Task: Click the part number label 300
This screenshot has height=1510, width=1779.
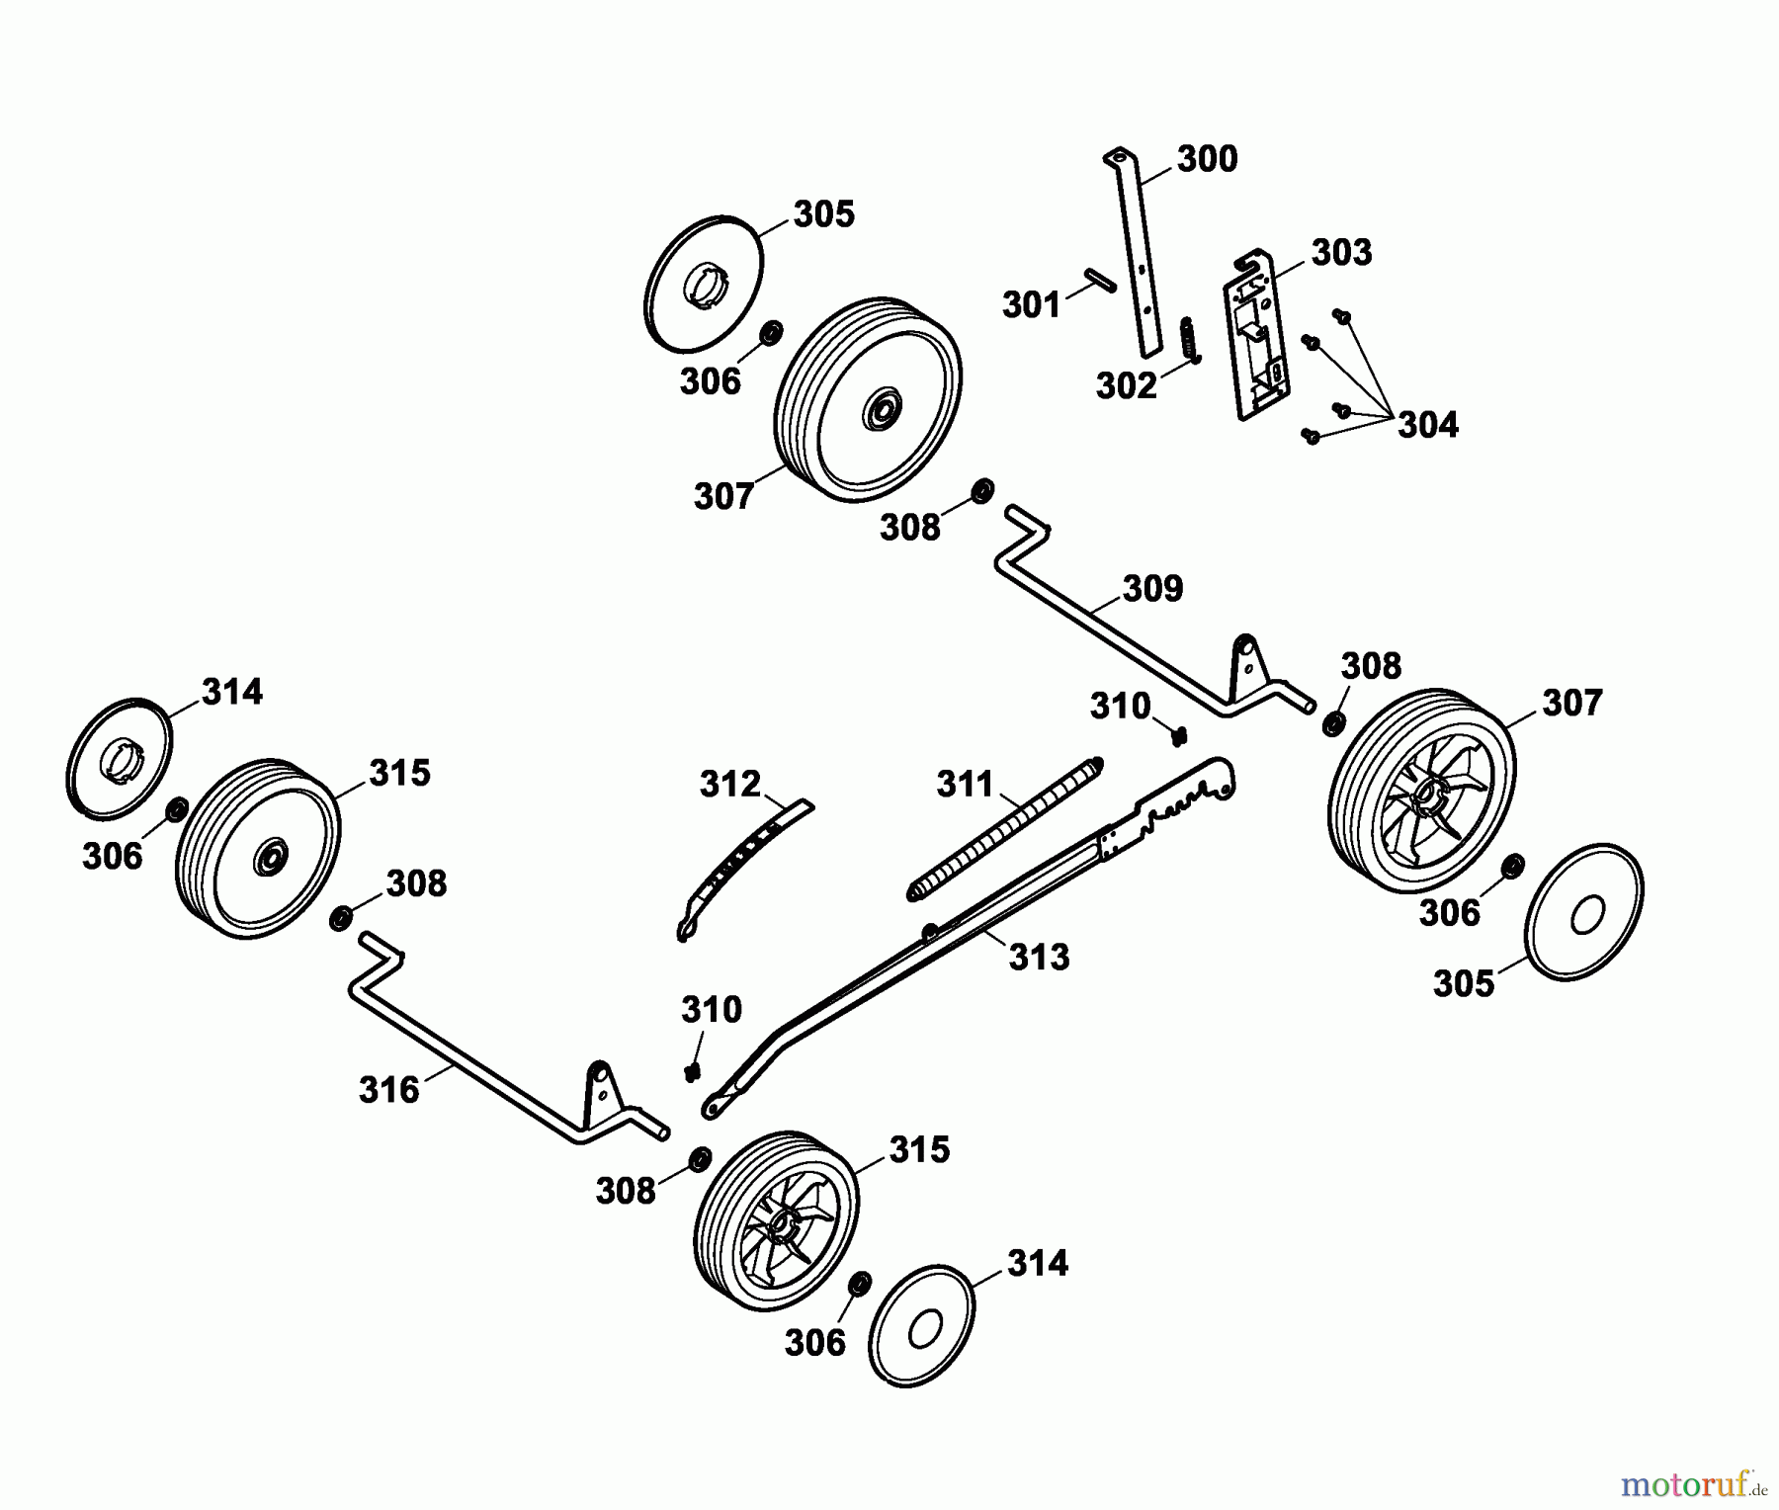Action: point(1207,159)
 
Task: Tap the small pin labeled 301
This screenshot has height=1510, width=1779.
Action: point(1099,279)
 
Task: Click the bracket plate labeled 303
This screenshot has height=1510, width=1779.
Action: point(1255,334)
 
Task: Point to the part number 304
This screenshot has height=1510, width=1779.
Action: point(1428,426)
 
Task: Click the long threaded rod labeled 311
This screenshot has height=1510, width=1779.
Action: point(1005,828)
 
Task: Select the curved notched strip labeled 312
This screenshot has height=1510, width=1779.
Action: point(744,870)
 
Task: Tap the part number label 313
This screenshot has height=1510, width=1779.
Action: point(1040,957)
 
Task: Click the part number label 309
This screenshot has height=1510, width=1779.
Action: point(1152,589)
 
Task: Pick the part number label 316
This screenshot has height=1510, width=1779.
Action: point(389,1090)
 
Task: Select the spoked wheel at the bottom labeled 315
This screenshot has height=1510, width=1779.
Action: point(776,1220)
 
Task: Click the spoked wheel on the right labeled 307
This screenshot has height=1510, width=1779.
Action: point(1420,780)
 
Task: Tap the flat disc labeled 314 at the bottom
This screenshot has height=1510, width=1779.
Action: point(921,1325)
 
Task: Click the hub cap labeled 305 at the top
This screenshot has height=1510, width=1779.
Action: point(703,282)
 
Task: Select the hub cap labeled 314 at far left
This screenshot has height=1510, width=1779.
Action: point(119,759)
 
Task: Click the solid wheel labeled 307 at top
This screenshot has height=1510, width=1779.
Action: point(869,399)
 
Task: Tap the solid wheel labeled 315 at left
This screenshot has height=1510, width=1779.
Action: point(258,849)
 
